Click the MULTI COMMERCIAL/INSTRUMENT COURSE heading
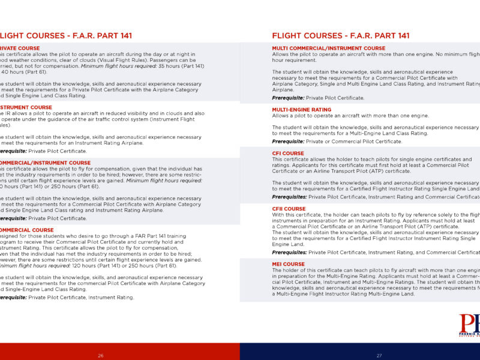328,48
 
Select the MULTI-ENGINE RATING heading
301,109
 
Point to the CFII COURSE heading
289,209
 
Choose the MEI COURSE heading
288,264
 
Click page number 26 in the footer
100,356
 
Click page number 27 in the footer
379,356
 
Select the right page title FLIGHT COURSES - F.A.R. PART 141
341,36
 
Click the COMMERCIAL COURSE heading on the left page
28,230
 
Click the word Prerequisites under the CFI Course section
289,197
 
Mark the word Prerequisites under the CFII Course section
289,253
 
